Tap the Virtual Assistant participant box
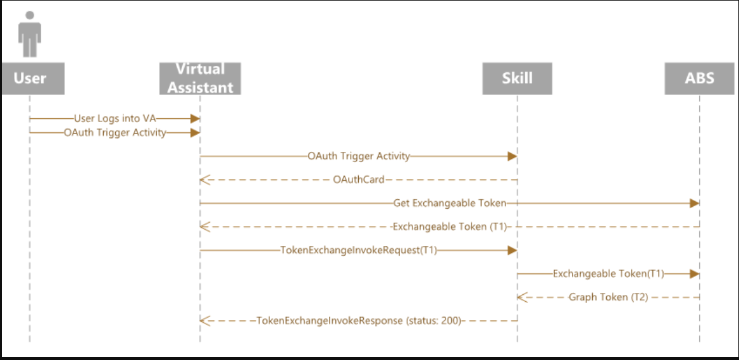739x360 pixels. click(200, 78)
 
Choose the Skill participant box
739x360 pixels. click(516, 78)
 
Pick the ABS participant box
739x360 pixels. click(699, 78)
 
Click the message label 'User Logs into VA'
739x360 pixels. click(115, 118)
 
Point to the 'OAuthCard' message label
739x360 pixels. click(358, 180)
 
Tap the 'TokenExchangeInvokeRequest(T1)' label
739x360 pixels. click(358, 251)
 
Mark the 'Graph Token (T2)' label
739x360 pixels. click(608, 297)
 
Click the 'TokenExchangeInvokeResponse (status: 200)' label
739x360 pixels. click(358, 321)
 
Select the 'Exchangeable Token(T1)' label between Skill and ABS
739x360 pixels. click(608, 274)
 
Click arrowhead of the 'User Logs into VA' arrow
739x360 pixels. click(196, 118)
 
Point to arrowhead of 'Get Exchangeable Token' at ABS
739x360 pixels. click(695, 203)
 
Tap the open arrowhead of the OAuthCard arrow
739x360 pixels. click(204, 180)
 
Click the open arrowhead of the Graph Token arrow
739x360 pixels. click(521, 297)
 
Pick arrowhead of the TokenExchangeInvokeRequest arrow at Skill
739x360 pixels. click(512, 251)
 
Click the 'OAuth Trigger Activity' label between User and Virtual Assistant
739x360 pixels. click(115, 133)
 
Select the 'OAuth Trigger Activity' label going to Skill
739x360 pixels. click(358, 156)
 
